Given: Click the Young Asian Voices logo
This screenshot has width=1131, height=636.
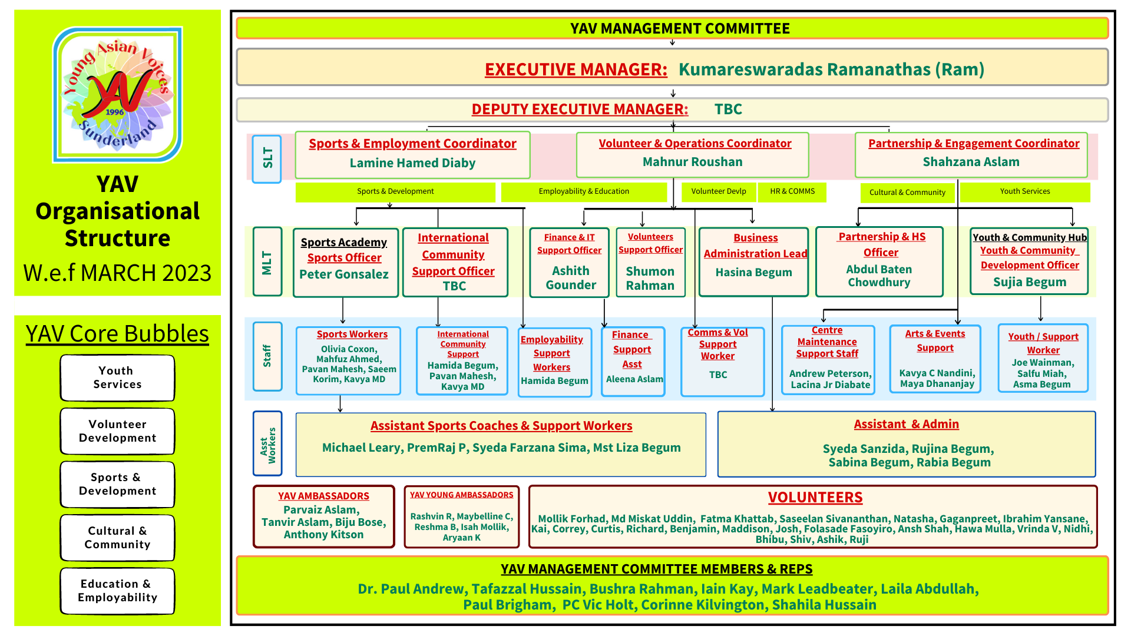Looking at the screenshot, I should point(118,94).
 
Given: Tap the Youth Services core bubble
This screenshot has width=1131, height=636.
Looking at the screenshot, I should point(117,377).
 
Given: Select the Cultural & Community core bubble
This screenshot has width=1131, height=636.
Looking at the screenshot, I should point(117,538).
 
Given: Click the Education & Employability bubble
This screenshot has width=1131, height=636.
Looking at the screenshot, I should point(117,591).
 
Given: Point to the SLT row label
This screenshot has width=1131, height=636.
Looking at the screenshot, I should point(267,158).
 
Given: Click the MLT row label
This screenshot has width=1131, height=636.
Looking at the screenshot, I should point(267,261).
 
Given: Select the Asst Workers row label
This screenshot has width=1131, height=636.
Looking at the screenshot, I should point(267,445).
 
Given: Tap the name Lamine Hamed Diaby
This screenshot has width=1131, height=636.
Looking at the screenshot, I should point(412,163).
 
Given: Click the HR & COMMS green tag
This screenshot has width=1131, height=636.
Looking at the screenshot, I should point(792,191).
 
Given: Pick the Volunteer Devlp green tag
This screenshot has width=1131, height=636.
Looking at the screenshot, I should point(718,191).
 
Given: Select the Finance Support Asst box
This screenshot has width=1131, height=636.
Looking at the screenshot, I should point(633,361).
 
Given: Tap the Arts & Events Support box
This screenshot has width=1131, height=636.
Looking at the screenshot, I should point(935,359).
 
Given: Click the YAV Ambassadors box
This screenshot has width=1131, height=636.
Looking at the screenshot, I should point(323,516).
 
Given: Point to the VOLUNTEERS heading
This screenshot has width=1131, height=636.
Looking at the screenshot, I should point(815,498).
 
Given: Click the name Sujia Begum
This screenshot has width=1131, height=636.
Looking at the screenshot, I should point(1030,282).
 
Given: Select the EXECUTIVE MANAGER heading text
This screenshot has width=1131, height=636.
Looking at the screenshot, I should point(576,69).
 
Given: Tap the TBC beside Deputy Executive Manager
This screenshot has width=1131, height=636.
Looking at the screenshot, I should point(728,110).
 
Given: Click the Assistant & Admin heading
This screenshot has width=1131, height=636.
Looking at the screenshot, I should point(906,424).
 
